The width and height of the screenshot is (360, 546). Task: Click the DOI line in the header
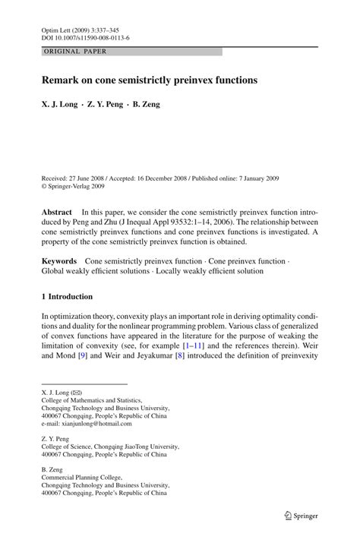click(x=85, y=36)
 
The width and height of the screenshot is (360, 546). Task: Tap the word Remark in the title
click(x=64, y=79)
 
